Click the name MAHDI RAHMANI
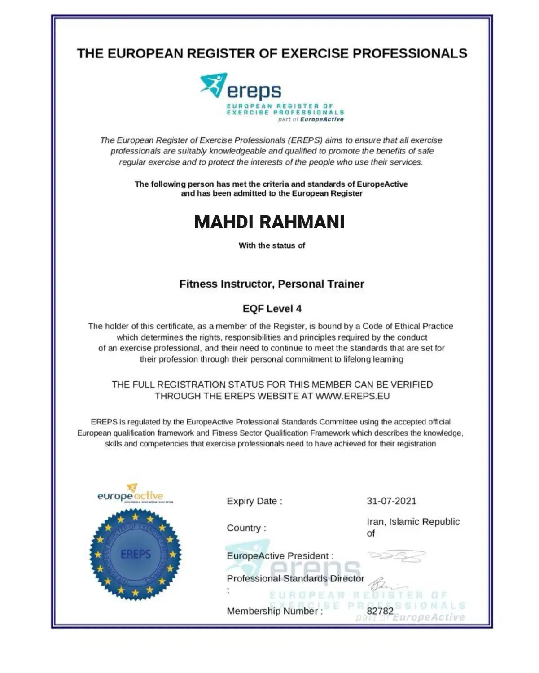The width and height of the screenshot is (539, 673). pyautogui.click(x=269, y=222)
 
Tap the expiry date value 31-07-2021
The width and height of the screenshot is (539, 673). pyautogui.click(x=391, y=501)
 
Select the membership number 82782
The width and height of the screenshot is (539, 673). pyautogui.click(x=380, y=611)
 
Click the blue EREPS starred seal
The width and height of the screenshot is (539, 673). pyautogui.click(x=136, y=555)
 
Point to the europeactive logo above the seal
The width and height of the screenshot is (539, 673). pyautogui.click(x=131, y=494)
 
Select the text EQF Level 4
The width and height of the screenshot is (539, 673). pyautogui.click(x=272, y=309)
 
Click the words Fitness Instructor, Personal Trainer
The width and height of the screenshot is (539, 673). pyautogui.click(x=272, y=284)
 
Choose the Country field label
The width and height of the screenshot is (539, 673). pyautogui.click(x=246, y=528)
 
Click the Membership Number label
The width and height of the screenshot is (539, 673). pyautogui.click(x=275, y=611)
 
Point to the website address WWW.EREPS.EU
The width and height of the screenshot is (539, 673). pyautogui.click(x=352, y=396)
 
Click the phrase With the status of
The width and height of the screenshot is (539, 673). pyautogui.click(x=272, y=245)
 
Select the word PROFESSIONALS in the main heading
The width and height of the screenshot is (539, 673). pyautogui.click(x=410, y=53)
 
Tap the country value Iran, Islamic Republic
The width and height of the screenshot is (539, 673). pyautogui.click(x=413, y=522)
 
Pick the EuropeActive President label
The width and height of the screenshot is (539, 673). pyautogui.click(x=280, y=556)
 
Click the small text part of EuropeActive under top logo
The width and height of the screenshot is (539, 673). pyautogui.click(x=311, y=119)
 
